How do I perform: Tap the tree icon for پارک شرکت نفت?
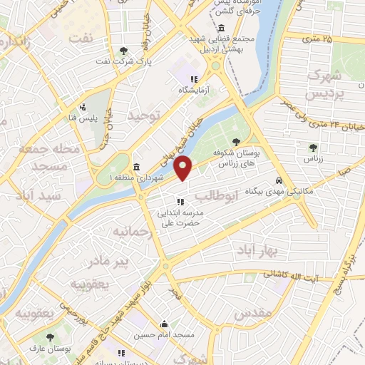coord(125,50)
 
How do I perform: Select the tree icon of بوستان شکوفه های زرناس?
coord(237,142)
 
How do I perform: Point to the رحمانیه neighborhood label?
coord(129,232)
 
